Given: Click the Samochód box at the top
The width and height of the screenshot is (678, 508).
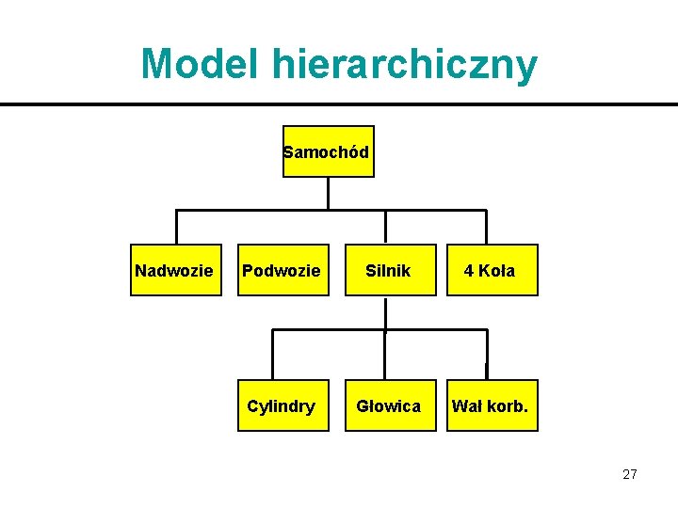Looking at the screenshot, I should pos(328,151).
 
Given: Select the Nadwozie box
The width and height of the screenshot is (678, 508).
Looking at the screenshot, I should pos(176,271).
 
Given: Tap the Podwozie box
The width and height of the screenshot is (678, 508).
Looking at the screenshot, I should pos(282,271).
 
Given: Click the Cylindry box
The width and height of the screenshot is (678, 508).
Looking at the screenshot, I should pos(282,405).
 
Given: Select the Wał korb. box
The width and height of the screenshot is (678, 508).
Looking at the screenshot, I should pos(492,405).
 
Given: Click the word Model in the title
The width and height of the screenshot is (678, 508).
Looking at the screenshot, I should pos(202,64).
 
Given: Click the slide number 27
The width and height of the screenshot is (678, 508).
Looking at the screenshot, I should pos(629,474).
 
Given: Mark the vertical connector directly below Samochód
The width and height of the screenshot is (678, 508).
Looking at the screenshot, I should pos(328,193).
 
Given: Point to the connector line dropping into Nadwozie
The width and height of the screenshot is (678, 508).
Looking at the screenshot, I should pos(176,228).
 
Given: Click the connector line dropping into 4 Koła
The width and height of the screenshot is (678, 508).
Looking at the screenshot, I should pos(487,228).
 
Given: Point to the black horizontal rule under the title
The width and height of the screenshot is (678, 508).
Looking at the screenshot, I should pos(339,103).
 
